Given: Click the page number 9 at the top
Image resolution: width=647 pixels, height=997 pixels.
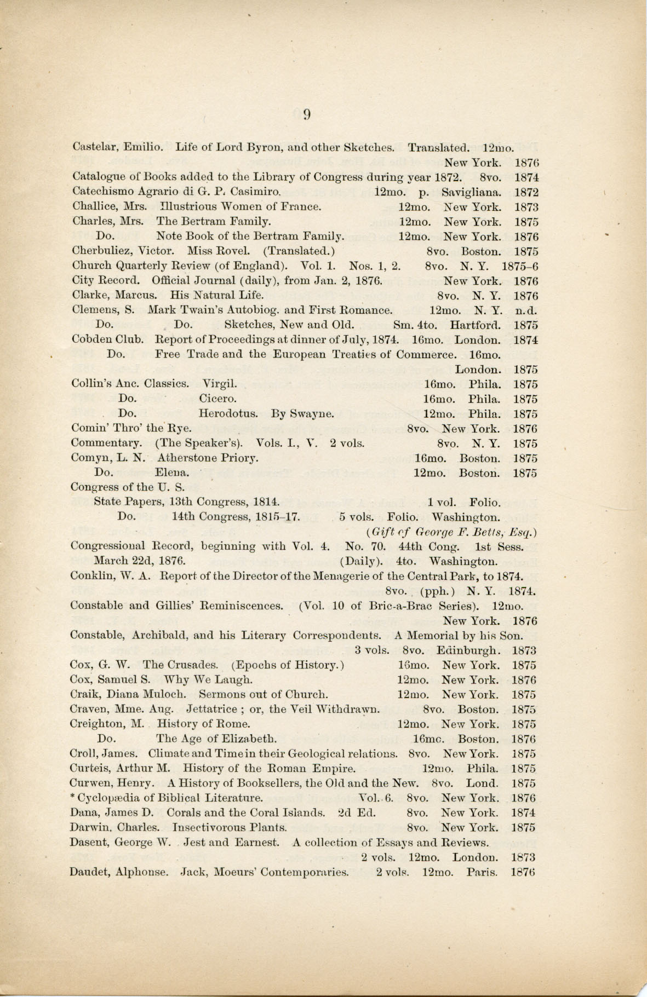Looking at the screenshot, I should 307,114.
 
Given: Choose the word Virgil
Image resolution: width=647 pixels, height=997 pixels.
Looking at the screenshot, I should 220,384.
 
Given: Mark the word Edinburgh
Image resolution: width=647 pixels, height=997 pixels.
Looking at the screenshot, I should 468,650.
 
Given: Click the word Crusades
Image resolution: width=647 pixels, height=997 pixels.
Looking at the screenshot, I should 195,665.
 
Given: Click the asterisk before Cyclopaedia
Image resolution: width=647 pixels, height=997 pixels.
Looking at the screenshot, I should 73,797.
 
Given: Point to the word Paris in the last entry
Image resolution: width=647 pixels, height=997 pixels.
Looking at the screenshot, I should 482,872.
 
